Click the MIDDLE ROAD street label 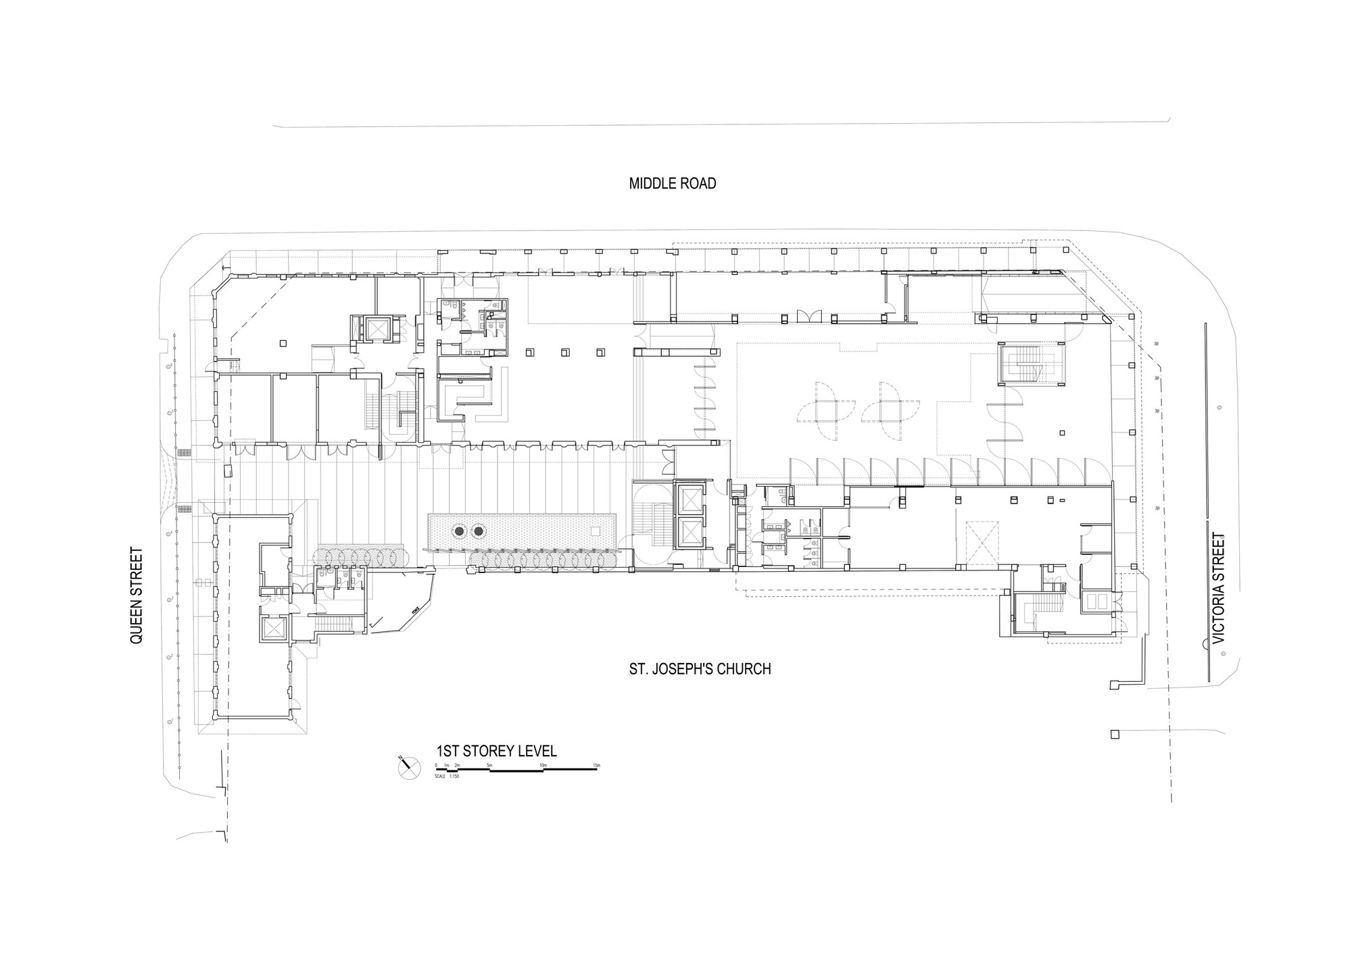pyautogui.click(x=672, y=184)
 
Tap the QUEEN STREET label pyautogui.click(x=137, y=595)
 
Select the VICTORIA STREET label pyautogui.click(x=1218, y=588)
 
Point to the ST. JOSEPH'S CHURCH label pyautogui.click(x=700, y=669)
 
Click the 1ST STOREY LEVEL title pyautogui.click(x=497, y=751)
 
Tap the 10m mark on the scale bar pyautogui.click(x=543, y=765)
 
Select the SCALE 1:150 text pyautogui.click(x=448, y=775)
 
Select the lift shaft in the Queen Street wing pyautogui.click(x=274, y=629)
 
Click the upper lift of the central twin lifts pyautogui.click(x=688, y=501)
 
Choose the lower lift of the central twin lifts pyautogui.click(x=688, y=533)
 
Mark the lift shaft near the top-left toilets pyautogui.click(x=375, y=329)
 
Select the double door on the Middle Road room pyautogui.click(x=808, y=316)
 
